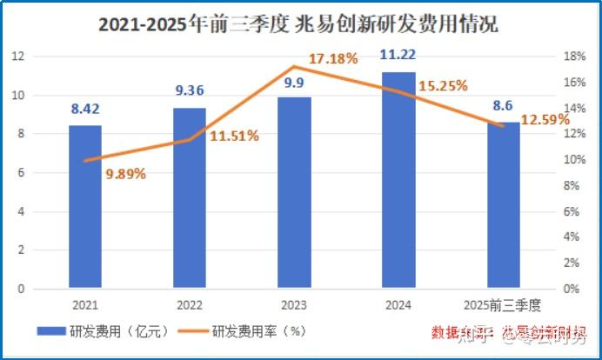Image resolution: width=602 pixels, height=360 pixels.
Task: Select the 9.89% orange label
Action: (126, 173)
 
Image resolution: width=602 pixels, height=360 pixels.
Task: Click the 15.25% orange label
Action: (443, 86)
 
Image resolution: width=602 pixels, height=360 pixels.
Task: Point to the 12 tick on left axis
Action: (17, 57)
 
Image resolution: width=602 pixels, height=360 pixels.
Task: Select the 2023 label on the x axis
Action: (294, 305)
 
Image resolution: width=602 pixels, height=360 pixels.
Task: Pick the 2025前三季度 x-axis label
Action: (503, 305)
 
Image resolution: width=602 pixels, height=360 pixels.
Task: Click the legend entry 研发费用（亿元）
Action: (86, 330)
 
